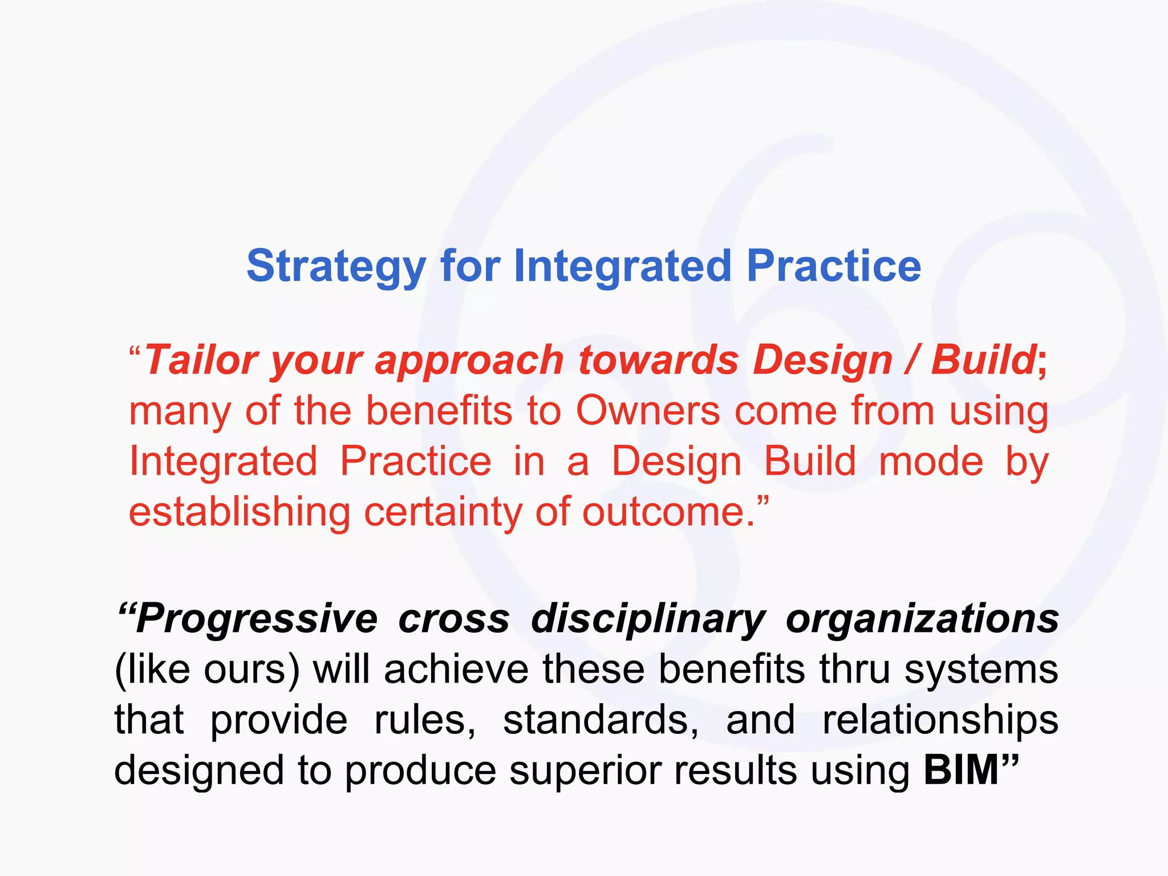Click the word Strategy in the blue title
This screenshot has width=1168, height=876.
point(336,267)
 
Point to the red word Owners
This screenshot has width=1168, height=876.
point(648,411)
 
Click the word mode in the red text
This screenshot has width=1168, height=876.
point(931,461)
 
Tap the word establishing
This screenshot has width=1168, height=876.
point(240,512)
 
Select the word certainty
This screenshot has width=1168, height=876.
point(443,512)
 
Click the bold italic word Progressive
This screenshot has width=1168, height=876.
point(256,619)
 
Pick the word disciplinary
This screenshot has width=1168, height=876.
point(648,619)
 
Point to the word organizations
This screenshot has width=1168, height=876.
point(922,619)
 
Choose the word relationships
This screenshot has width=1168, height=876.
point(940,720)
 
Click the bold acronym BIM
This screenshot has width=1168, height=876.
point(961,770)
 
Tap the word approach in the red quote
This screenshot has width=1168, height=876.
point(469,360)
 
